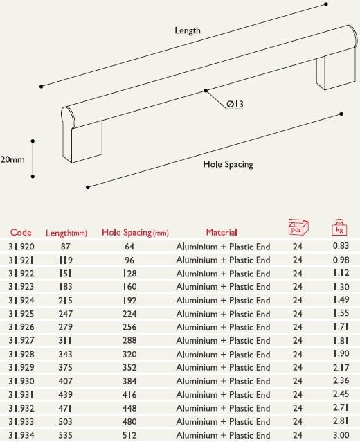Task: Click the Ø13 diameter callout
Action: coord(235,105)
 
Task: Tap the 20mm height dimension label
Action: coord(12,159)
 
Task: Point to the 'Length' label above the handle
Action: coord(188,30)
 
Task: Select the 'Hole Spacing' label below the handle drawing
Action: coord(228,164)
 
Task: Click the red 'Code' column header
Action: coord(21,232)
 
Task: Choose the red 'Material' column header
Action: coord(222,232)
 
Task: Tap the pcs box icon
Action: coord(298,227)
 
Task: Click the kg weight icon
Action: coord(339,227)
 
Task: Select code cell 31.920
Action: coord(21,247)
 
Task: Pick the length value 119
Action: coord(66,260)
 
